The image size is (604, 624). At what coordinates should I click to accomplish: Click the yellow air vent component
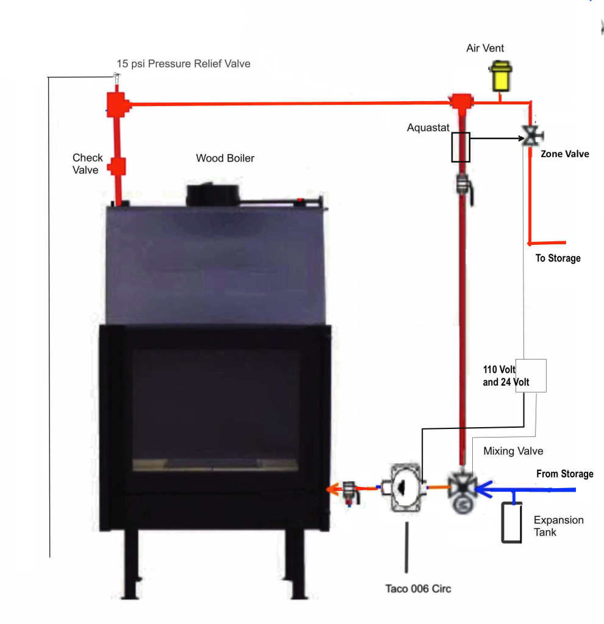click(500, 76)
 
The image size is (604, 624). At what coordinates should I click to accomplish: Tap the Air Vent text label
click(485, 48)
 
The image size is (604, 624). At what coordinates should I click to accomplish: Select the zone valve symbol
click(533, 135)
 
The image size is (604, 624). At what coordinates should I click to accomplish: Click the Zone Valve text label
click(565, 154)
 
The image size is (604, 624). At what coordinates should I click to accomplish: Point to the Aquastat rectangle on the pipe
click(461, 147)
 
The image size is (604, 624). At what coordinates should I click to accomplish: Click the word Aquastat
click(428, 128)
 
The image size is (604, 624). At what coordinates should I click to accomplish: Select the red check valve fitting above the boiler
click(117, 166)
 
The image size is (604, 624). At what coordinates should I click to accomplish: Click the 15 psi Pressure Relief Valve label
click(184, 63)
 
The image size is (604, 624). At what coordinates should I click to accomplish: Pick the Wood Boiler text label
click(225, 158)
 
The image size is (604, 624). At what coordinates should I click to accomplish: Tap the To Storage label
click(558, 258)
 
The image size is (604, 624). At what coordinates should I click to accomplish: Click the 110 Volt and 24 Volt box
click(530, 375)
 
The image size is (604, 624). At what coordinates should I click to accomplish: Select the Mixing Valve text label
click(513, 452)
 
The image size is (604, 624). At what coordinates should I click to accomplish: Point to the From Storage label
click(564, 474)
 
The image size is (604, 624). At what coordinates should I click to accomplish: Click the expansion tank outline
click(511, 522)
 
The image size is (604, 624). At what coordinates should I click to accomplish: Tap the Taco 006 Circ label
click(418, 589)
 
